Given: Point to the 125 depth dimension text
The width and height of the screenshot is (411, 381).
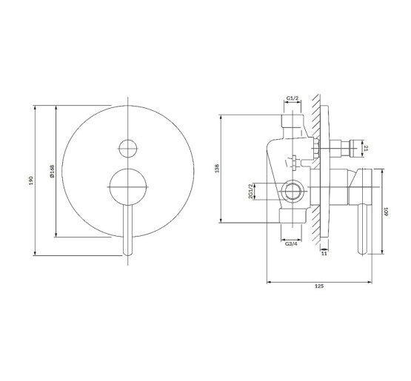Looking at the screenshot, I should pos(318,286).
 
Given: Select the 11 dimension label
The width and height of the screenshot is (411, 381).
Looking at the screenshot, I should pos(324,253).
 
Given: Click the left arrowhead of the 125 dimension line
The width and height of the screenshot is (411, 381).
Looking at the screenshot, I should pos(268,281).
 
